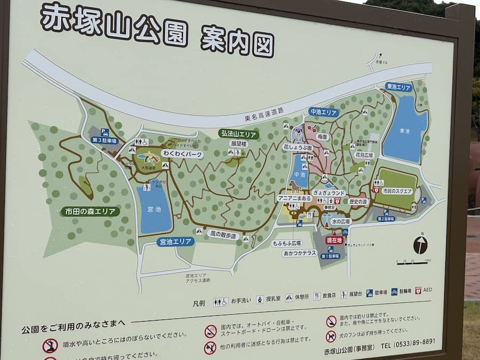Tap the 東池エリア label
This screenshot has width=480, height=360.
coord(399,86)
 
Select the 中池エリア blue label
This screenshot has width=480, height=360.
coord(323,112)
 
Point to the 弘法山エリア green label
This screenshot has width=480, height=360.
coord(239,133)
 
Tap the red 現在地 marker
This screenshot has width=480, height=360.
coord(334,241)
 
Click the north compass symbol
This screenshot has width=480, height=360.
coord(420,245)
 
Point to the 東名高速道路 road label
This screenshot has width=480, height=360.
coord(264,114)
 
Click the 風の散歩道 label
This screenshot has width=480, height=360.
coord(223,235)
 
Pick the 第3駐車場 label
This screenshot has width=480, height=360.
coord(105,140)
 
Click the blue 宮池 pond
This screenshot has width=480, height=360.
coord(154,209)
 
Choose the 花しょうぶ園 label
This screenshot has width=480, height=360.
coord(297,147)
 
